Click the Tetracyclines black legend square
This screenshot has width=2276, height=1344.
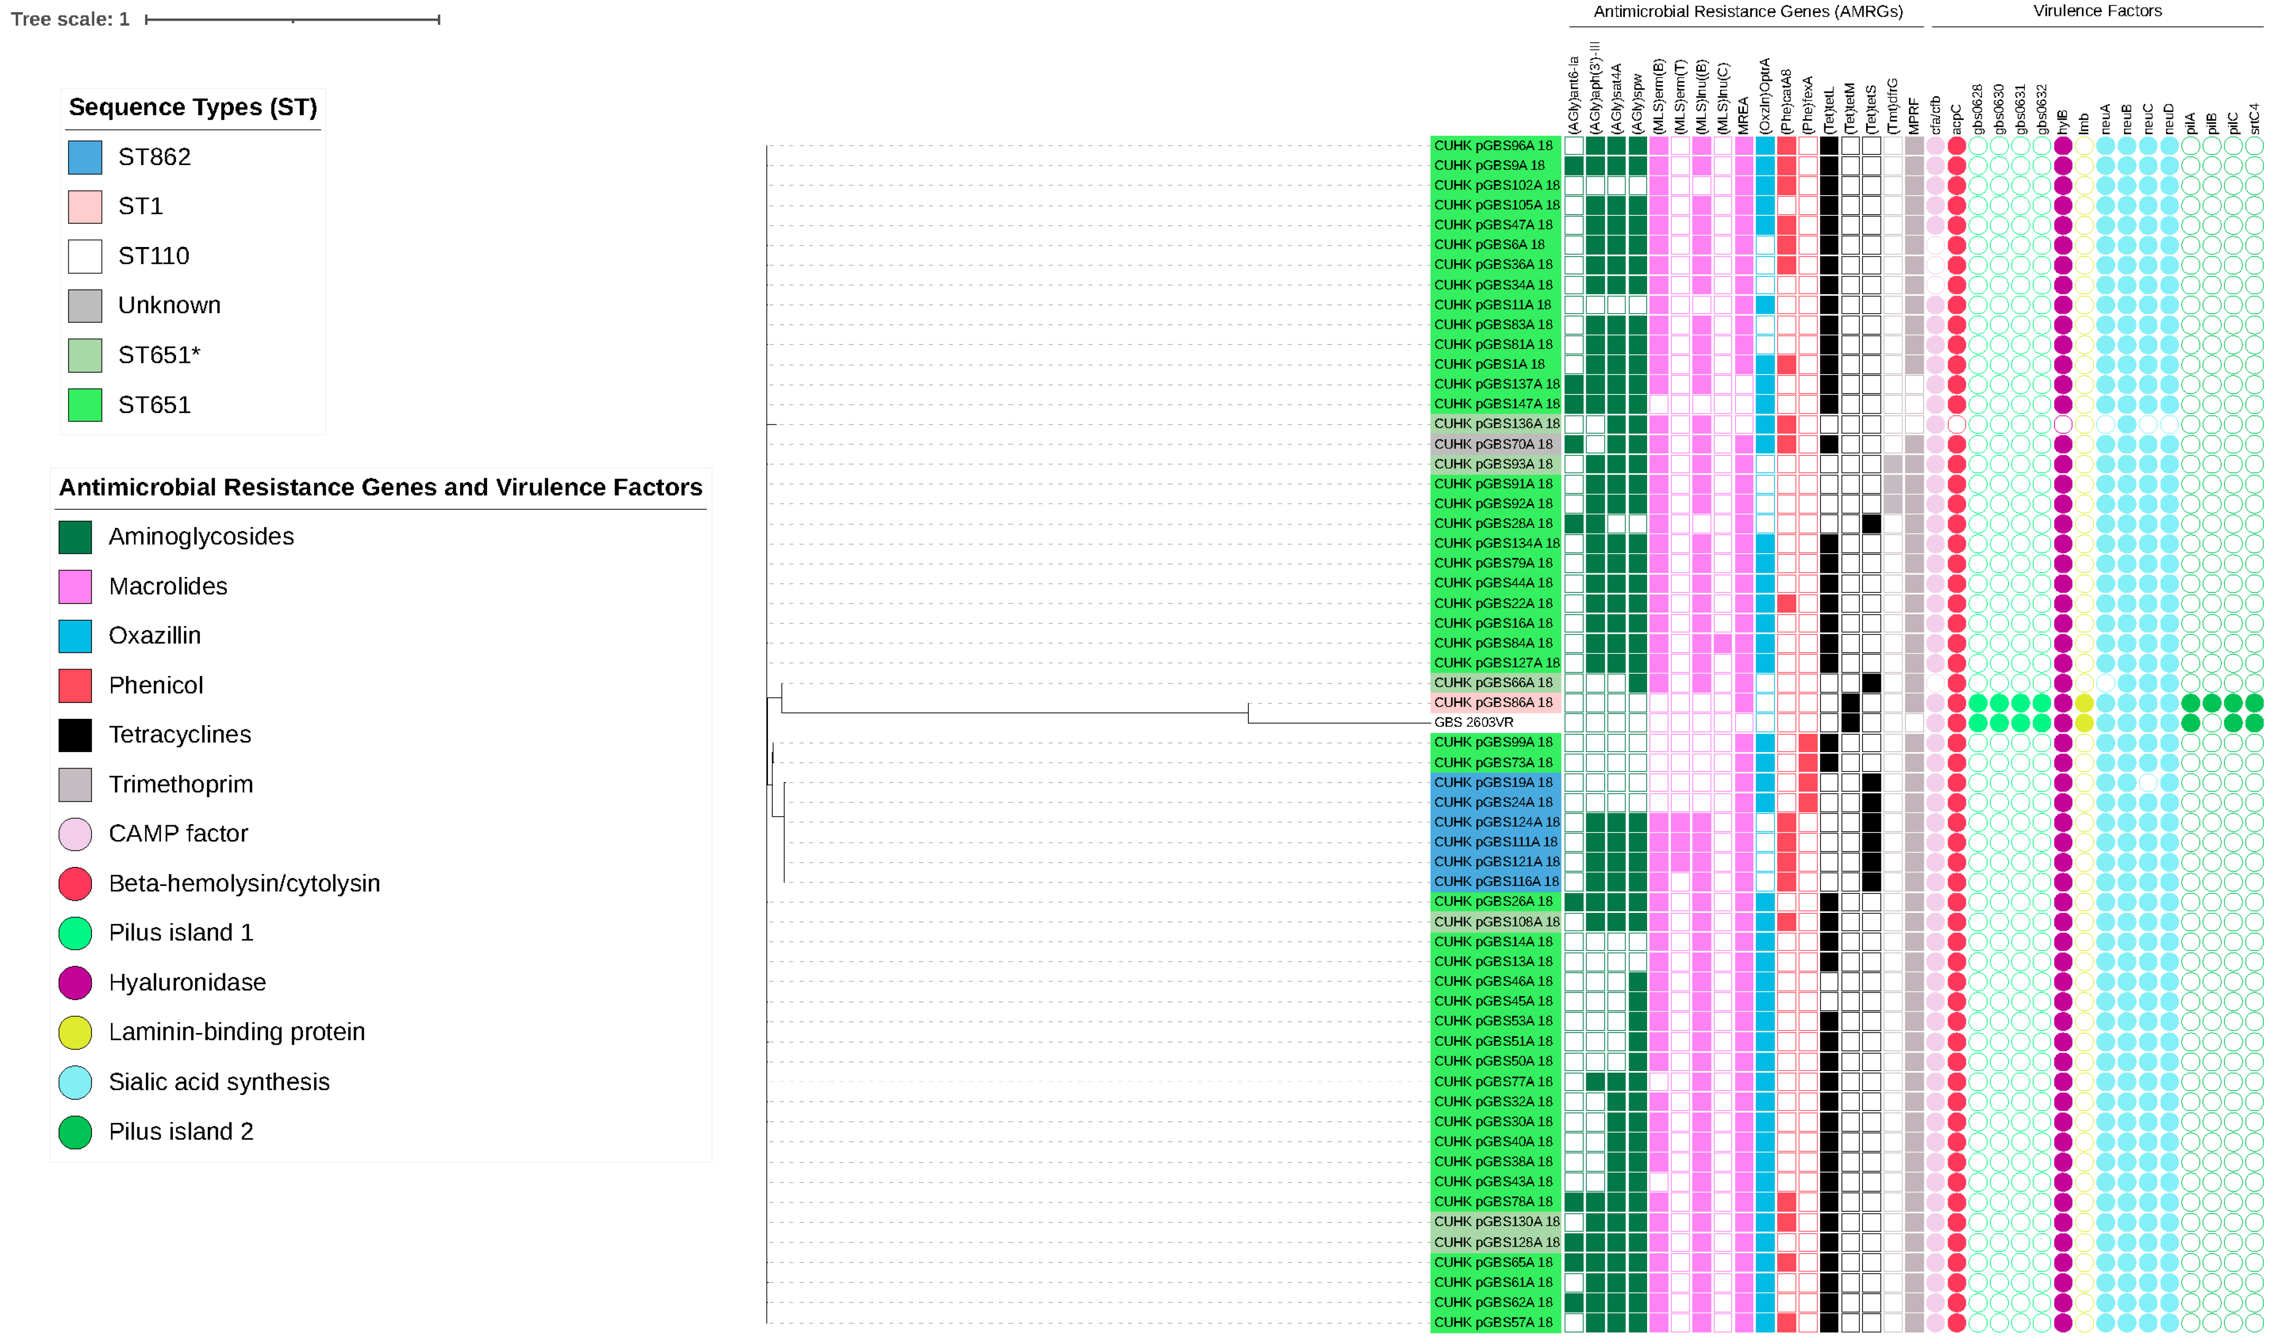(75, 735)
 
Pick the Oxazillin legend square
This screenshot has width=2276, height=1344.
(75, 636)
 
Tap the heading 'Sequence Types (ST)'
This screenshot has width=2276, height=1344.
(193, 108)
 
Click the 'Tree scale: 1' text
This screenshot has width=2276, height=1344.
(70, 19)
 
